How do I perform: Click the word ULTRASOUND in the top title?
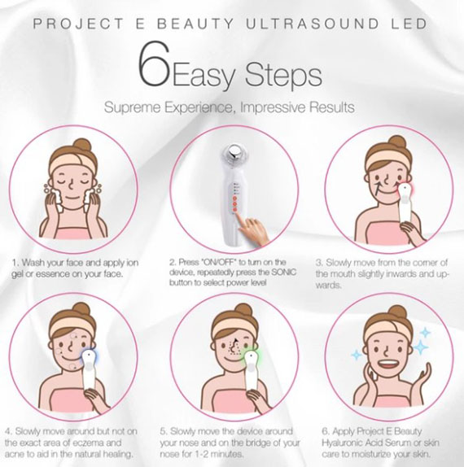coord(312,24)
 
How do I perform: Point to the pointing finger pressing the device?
coord(252,229)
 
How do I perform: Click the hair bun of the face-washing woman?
coord(83,146)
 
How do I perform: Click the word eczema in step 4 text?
coord(88,443)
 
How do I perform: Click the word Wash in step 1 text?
coord(33,263)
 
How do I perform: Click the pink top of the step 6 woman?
coord(390,401)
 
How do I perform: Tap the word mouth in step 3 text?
coord(342,274)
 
